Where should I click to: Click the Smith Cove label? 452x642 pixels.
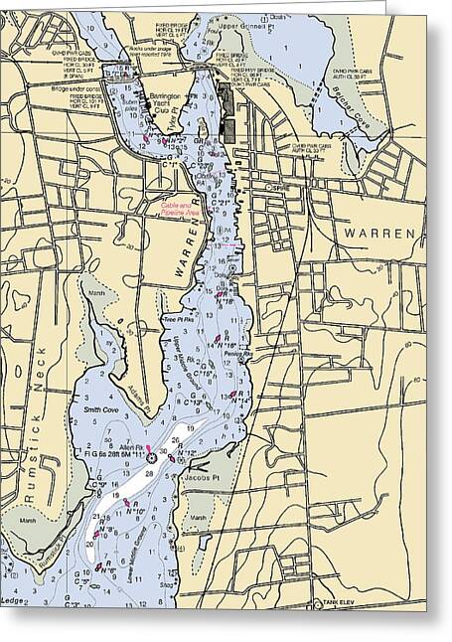[x=101, y=408]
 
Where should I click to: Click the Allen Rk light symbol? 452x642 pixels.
[x=151, y=458]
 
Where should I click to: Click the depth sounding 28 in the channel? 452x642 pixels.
[x=149, y=475]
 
